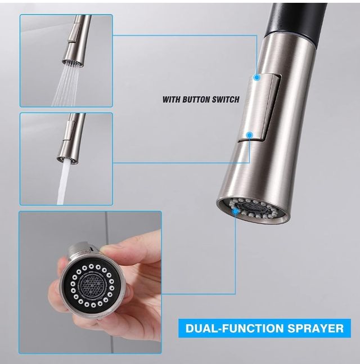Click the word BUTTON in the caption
pos(196,100)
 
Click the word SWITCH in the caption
pos(226,100)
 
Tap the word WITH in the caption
pos(172,100)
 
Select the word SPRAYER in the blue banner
pos(315,328)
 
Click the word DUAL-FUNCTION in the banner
pos(235,328)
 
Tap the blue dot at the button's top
pos(256,77)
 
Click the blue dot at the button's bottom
pos(250,134)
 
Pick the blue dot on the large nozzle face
pos(236,211)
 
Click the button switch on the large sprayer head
pos(260,107)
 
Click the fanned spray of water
pos(66,85)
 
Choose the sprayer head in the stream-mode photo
pos(70,138)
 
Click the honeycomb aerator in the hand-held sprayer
pos(92,284)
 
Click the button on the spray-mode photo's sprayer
pos(74,33)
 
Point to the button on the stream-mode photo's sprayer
pos(69,131)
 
